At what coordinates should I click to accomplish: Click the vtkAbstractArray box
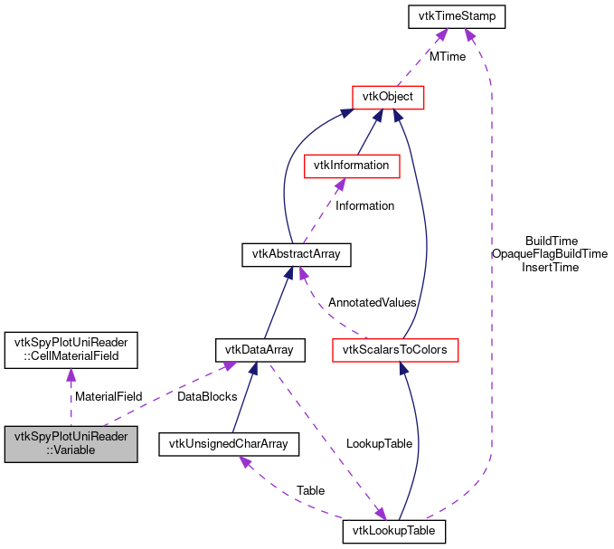click(x=297, y=254)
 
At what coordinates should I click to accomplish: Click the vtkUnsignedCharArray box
click(x=229, y=443)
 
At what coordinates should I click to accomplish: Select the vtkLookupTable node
click(x=395, y=531)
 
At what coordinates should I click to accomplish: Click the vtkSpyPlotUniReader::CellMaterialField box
click(x=71, y=349)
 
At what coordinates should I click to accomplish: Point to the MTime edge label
click(x=448, y=56)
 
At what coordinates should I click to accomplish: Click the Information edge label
click(x=364, y=205)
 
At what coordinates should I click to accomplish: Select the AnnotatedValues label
click(x=372, y=301)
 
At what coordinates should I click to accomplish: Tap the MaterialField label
click(x=109, y=396)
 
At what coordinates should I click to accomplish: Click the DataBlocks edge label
click(x=207, y=396)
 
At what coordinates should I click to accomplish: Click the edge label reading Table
click(x=310, y=490)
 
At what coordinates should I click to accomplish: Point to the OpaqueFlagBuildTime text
click(x=550, y=254)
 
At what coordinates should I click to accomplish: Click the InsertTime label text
click(x=550, y=267)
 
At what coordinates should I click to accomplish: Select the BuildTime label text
click(x=551, y=241)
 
